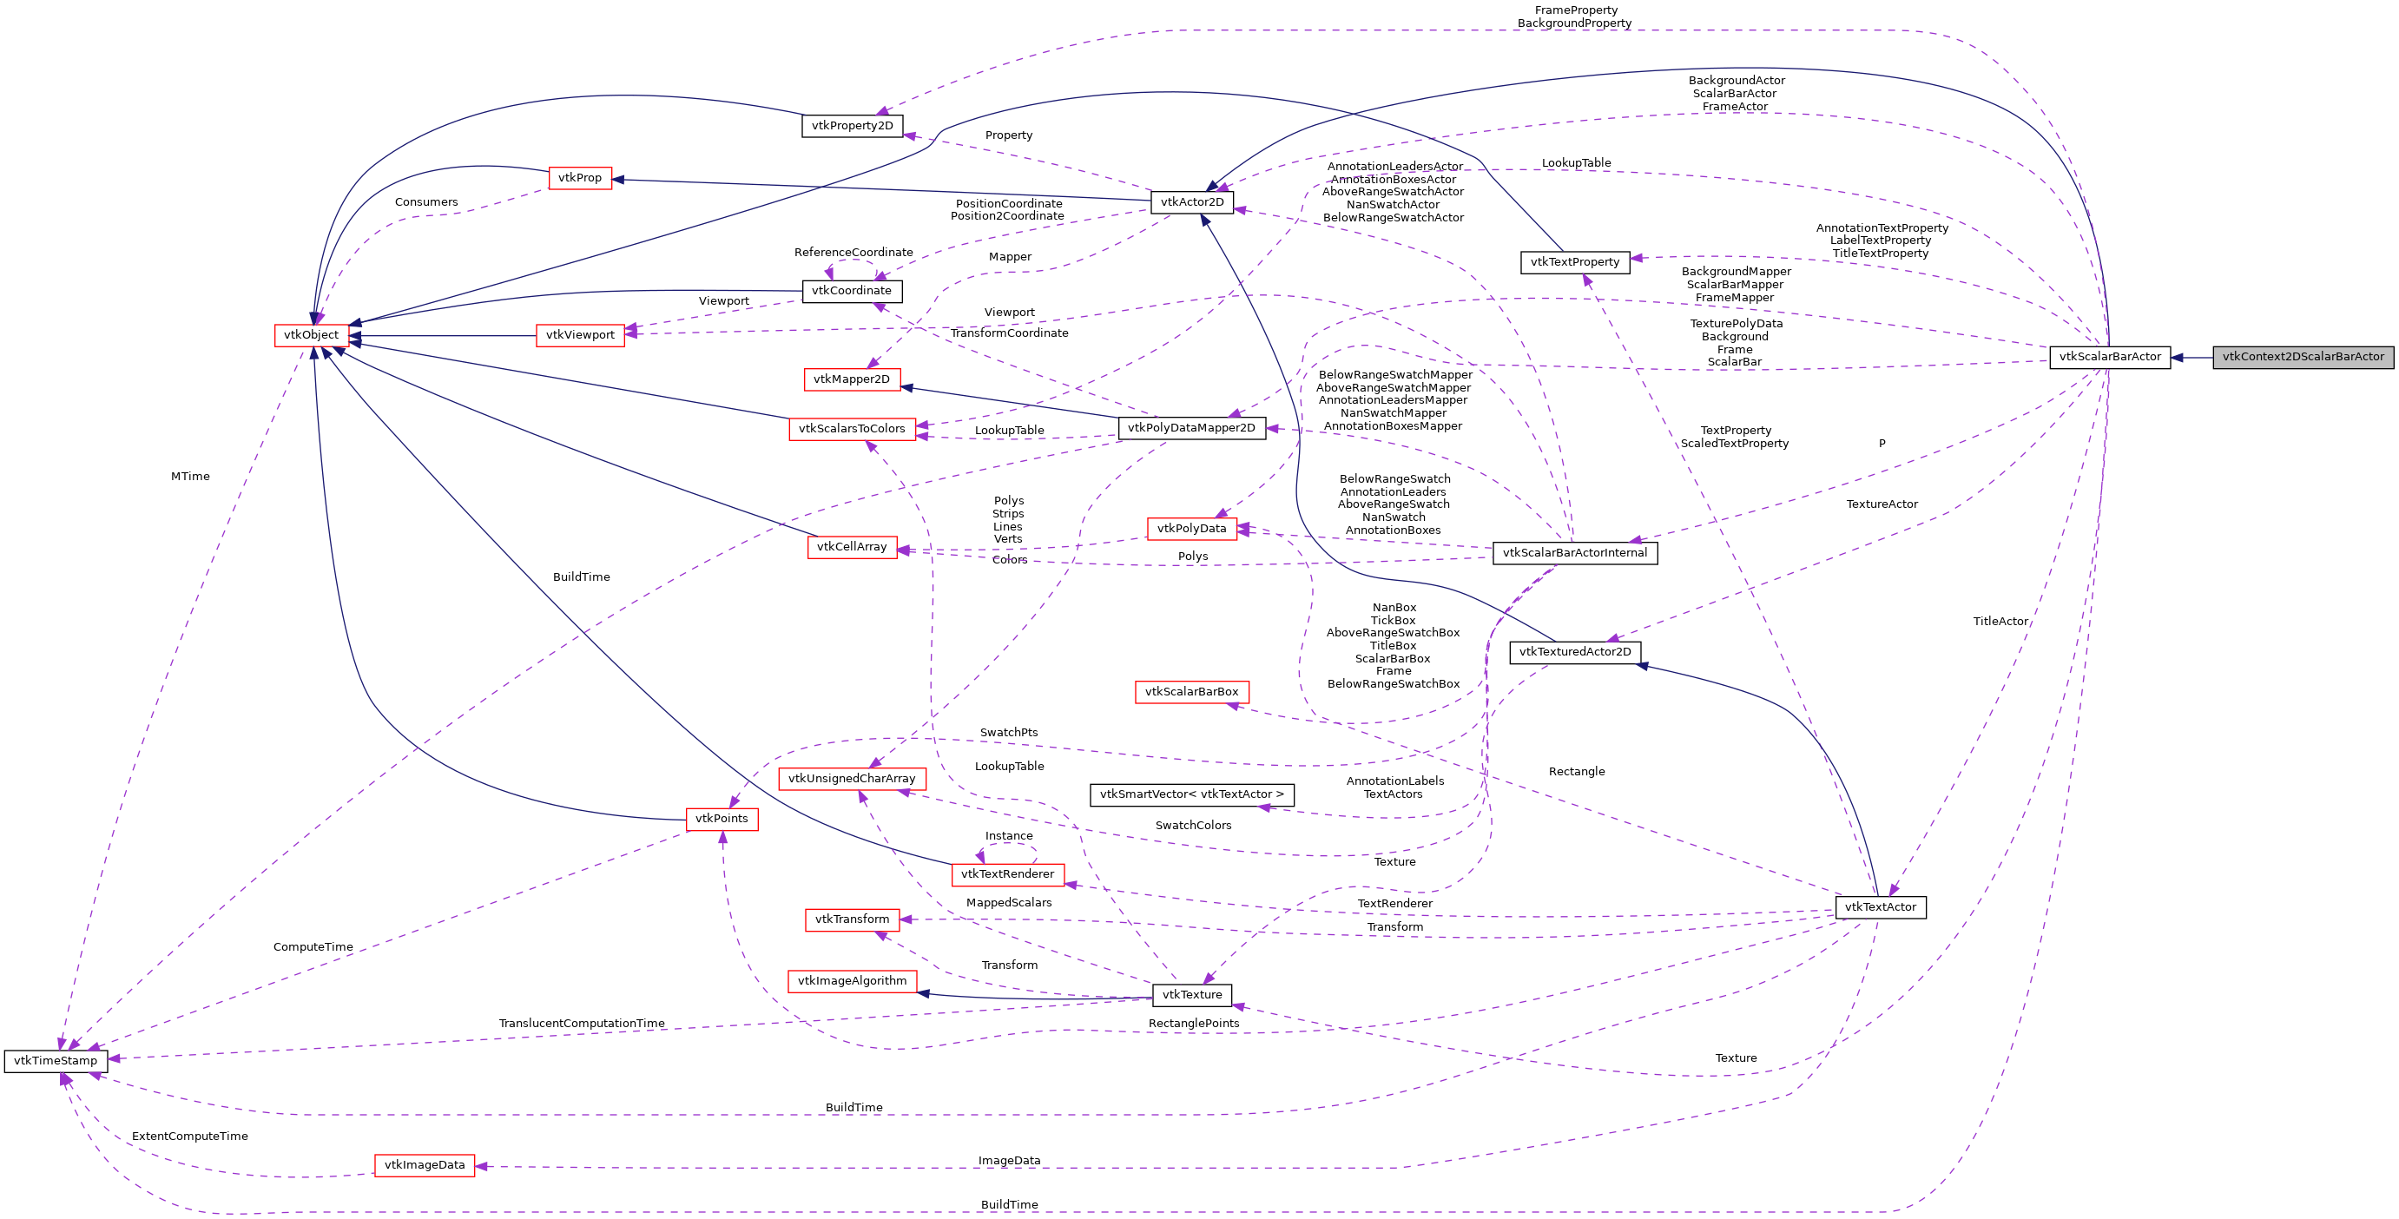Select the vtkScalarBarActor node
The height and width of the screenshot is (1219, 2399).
pyautogui.click(x=2109, y=357)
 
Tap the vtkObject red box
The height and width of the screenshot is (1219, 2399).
pyautogui.click(x=311, y=335)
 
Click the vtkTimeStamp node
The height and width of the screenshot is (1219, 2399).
pyautogui.click(x=56, y=1061)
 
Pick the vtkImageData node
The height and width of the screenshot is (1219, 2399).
pyautogui.click(x=424, y=1165)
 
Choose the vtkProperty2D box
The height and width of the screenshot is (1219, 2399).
pyautogui.click(x=851, y=126)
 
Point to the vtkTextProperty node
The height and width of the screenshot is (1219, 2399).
pyautogui.click(x=1574, y=262)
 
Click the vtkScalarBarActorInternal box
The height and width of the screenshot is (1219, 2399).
pyautogui.click(x=1574, y=553)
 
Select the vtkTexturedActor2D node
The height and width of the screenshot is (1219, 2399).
pyautogui.click(x=1574, y=652)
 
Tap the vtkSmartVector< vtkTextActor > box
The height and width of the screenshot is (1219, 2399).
pyautogui.click(x=1191, y=794)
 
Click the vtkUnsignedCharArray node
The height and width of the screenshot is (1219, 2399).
pyautogui.click(x=851, y=779)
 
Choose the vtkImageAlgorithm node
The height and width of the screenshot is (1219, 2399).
pyautogui.click(x=851, y=980)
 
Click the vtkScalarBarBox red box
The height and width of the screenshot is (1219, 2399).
pyautogui.click(x=1191, y=692)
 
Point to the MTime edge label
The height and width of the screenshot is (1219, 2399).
pyautogui.click(x=190, y=477)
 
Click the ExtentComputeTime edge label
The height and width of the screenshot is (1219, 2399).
pyautogui.click(x=190, y=1137)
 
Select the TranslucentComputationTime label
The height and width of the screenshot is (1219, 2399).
pyautogui.click(x=581, y=1024)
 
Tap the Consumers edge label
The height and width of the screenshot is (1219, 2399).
pyautogui.click(x=425, y=202)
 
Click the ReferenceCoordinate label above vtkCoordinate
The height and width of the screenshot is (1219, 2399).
pyautogui.click(x=853, y=253)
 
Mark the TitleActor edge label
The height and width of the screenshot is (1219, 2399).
pyautogui.click(x=2000, y=621)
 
